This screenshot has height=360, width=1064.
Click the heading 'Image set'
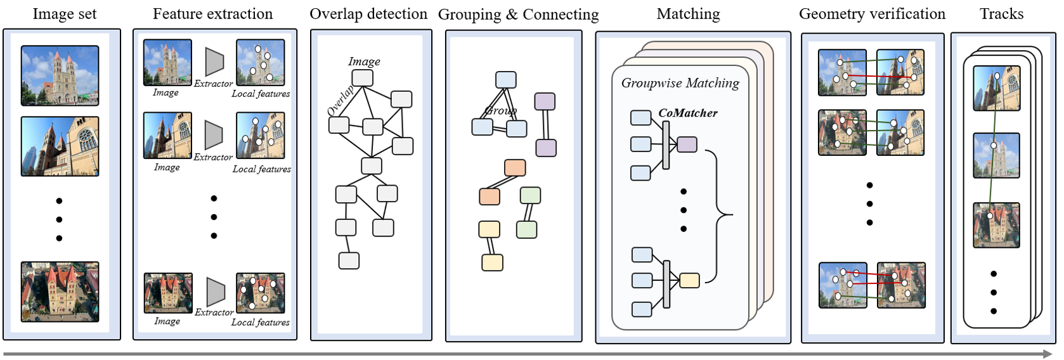pyautogui.click(x=64, y=14)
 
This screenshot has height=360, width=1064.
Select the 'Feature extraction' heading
pyautogui.click(x=212, y=14)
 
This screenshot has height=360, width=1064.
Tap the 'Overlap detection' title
pyautogui.click(x=368, y=14)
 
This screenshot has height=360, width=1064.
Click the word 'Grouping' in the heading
pyautogui.click(x=469, y=15)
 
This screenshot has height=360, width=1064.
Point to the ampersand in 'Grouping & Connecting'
pyautogui.click(x=512, y=15)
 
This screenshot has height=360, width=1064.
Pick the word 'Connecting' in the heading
pyautogui.click(x=561, y=15)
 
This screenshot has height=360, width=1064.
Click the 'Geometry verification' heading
pyautogui.click(x=872, y=14)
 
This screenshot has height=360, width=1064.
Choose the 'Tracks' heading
pyautogui.click(x=1001, y=14)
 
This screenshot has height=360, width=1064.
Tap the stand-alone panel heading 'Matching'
pyautogui.click(x=688, y=14)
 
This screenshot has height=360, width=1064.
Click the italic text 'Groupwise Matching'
pyautogui.click(x=680, y=83)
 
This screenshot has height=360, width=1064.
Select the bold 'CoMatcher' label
pyautogui.click(x=687, y=113)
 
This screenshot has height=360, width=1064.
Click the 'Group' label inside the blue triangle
pyautogui.click(x=500, y=111)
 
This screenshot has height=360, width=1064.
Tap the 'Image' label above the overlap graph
pyautogui.click(x=364, y=61)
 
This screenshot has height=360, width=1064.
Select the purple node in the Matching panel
pyautogui.click(x=687, y=145)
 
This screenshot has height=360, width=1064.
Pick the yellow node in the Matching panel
pyautogui.click(x=689, y=280)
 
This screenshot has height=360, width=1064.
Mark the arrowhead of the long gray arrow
pyautogui.click(x=1046, y=354)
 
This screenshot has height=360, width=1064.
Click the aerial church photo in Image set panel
pyautogui.click(x=60, y=292)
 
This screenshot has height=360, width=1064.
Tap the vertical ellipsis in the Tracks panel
pyautogui.click(x=994, y=292)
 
